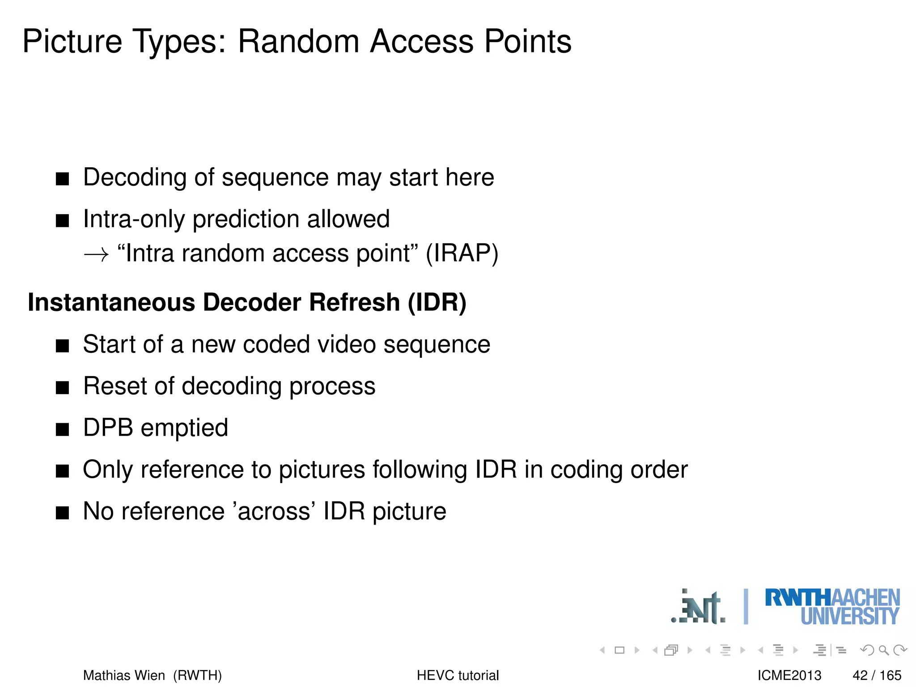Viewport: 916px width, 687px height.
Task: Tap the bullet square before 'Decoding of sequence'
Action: coord(63,179)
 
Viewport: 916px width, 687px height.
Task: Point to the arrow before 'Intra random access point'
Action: coord(96,254)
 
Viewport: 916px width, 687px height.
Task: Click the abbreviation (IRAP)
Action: coord(462,254)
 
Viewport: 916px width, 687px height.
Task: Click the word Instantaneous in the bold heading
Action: coord(111,302)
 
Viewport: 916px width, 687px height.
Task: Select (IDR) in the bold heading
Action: coord(437,302)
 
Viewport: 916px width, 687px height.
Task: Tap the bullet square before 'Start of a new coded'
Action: coord(63,346)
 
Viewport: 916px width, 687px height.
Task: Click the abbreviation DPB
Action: coord(108,428)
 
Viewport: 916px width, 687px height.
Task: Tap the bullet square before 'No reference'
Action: coord(63,513)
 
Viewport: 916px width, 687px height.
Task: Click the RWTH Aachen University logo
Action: coord(832,606)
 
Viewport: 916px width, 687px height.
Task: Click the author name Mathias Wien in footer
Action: coord(124,675)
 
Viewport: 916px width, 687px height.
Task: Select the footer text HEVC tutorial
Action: coord(458,675)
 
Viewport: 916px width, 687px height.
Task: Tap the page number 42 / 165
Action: coord(877,675)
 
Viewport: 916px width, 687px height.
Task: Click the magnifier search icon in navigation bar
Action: coord(883,650)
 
